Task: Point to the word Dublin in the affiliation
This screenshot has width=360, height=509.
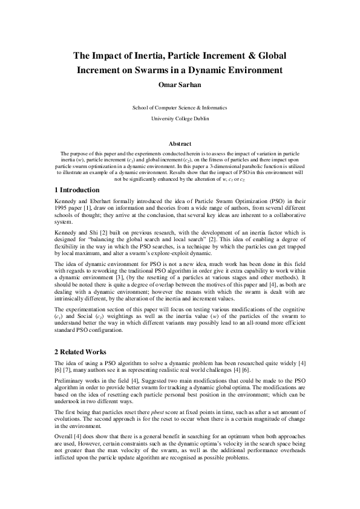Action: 200,119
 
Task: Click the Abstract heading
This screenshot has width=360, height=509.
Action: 179,145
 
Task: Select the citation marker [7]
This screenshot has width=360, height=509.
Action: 70,369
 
